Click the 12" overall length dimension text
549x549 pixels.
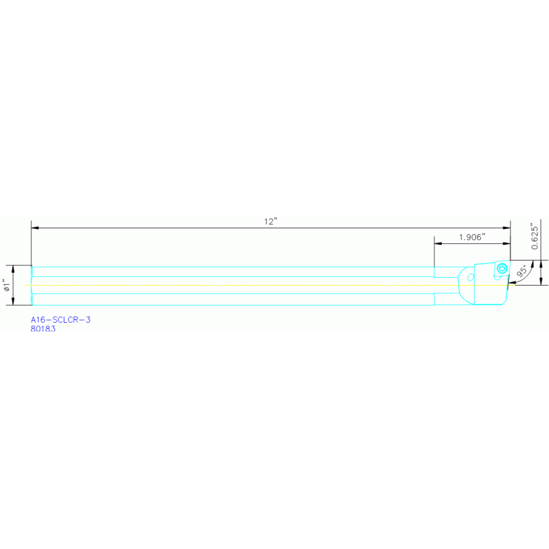(x=271, y=222)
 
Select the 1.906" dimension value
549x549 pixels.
(x=472, y=237)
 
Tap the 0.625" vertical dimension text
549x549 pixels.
(x=534, y=236)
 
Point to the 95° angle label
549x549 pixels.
(x=521, y=271)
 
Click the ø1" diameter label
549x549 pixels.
(x=6, y=285)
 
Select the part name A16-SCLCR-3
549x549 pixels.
(x=61, y=320)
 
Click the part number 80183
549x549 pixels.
(x=43, y=329)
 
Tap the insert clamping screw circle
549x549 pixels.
(x=502, y=269)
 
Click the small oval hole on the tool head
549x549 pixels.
(x=471, y=278)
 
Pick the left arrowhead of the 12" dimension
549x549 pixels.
(x=35, y=228)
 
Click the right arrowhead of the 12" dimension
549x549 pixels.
(x=507, y=228)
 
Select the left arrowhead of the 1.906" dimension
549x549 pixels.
(x=438, y=243)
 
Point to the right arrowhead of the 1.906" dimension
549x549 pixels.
(x=507, y=243)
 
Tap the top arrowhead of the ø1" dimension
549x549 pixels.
(x=14, y=269)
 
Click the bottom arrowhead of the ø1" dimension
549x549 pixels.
(x=14, y=301)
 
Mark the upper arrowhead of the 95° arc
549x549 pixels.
(x=533, y=264)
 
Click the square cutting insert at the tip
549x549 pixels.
(x=502, y=270)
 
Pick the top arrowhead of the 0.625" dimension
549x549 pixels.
(x=541, y=264)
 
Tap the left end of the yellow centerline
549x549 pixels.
(x=24, y=286)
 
